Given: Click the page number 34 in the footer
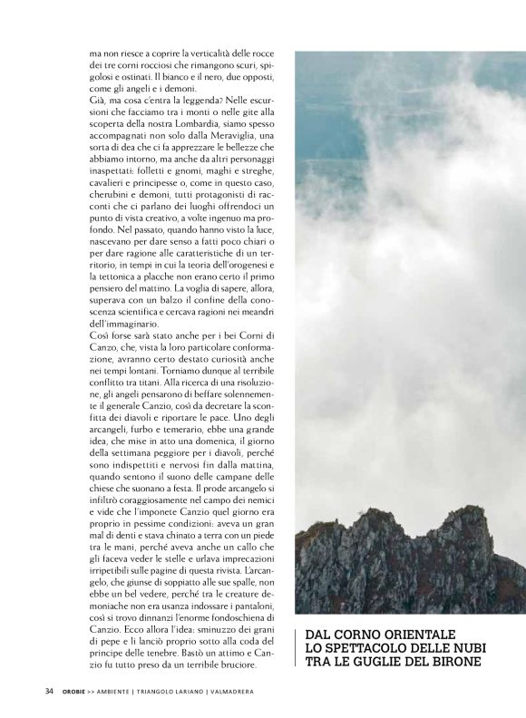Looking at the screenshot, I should pyautogui.click(x=48, y=692).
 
